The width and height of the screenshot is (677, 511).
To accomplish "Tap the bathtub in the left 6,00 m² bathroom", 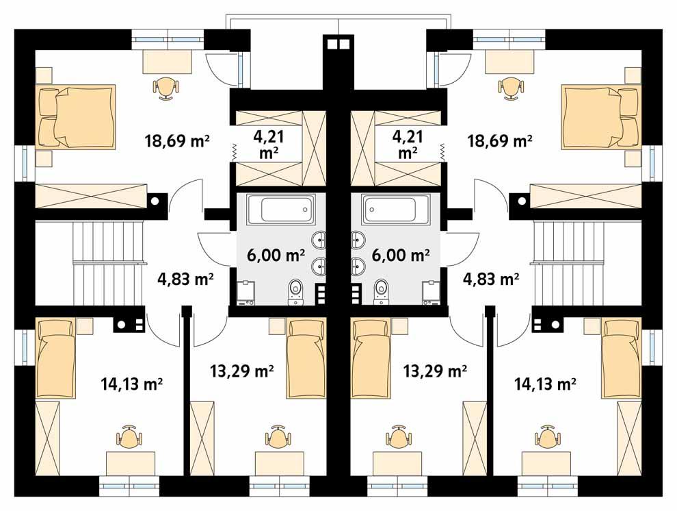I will click(278, 208).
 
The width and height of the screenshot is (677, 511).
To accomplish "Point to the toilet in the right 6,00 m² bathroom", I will click(382, 290).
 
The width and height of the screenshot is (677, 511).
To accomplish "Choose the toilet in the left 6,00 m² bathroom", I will click(295, 290).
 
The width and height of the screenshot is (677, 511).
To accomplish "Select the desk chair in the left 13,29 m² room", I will click(277, 436).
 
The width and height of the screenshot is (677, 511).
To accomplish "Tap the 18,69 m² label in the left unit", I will click(176, 141).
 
